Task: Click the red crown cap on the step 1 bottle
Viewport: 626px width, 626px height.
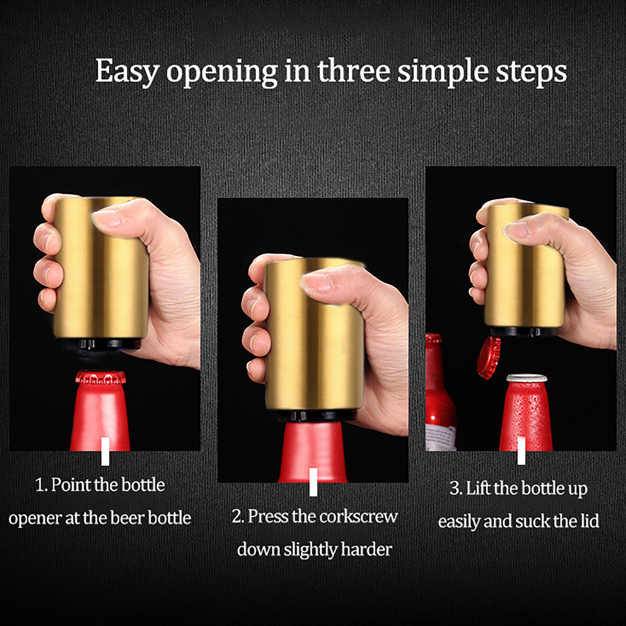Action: pos(101,377)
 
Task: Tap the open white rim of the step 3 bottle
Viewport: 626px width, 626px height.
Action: pos(527,378)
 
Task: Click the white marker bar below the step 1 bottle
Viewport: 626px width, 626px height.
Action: pos(105,452)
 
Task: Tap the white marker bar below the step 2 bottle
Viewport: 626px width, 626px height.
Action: pos(313,482)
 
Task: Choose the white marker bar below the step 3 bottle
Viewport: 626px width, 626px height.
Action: pos(521,451)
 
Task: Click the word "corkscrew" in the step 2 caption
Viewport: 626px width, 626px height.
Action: pos(359,516)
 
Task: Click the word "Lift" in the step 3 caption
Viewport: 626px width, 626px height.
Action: pos(478,488)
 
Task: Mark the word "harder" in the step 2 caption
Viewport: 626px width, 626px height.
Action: pos(366,549)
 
